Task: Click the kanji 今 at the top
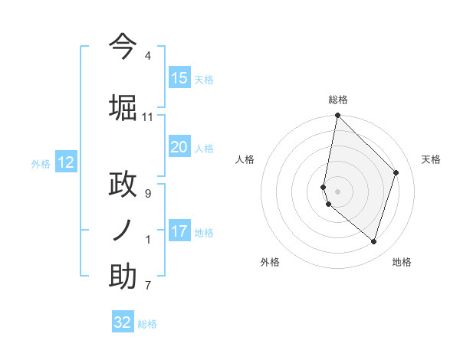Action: [x=123, y=46]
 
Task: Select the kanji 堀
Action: [x=123, y=107]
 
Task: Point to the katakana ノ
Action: [x=123, y=229]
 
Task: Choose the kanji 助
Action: [x=123, y=276]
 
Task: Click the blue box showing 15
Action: [x=179, y=78]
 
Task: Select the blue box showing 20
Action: [x=179, y=147]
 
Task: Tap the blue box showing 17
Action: [x=179, y=231]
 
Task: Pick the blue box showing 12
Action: [x=66, y=162]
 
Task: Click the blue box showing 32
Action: [x=123, y=322]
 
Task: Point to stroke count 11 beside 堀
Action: [x=147, y=117]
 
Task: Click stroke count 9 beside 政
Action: [x=147, y=194]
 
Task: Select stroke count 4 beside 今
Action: [x=147, y=57]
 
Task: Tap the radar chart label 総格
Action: [x=338, y=100]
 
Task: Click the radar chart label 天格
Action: [x=431, y=159]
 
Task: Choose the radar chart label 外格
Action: [x=270, y=262]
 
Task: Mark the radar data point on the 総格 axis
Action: [x=337, y=116]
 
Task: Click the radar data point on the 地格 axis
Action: [x=373, y=241]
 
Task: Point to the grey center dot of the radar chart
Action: [x=337, y=191]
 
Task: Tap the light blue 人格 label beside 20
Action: [x=204, y=148]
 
